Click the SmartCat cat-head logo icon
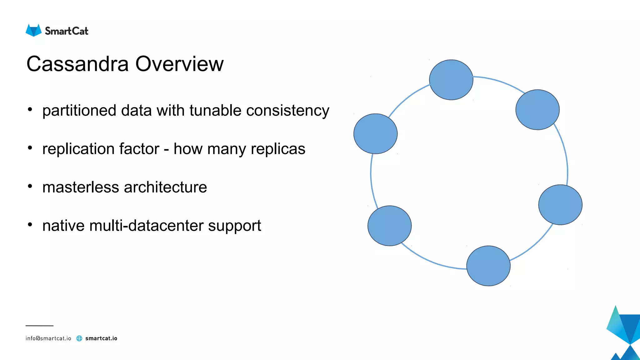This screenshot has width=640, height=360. pyautogui.click(x=33, y=30)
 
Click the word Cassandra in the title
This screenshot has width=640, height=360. pyautogui.click(x=77, y=64)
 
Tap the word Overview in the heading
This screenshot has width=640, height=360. pyautogui.click(x=179, y=64)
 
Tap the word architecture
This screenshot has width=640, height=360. pyautogui.click(x=165, y=187)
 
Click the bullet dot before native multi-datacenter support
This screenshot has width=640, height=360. pyautogui.click(x=30, y=224)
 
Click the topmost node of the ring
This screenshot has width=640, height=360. pyautogui.click(x=451, y=80)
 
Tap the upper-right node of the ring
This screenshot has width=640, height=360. pyautogui.click(x=537, y=110)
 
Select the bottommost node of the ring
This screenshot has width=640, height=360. pyautogui.click(x=488, y=266)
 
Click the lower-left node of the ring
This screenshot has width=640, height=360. pyautogui.click(x=389, y=226)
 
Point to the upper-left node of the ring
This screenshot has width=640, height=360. pyautogui.click(x=375, y=134)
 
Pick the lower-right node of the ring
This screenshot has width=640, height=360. pyautogui.click(x=560, y=205)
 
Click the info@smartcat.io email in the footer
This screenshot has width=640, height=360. pyautogui.click(x=48, y=338)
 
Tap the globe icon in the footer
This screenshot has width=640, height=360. pyautogui.click(x=79, y=338)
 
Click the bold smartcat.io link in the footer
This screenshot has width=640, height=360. pyautogui.click(x=101, y=338)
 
